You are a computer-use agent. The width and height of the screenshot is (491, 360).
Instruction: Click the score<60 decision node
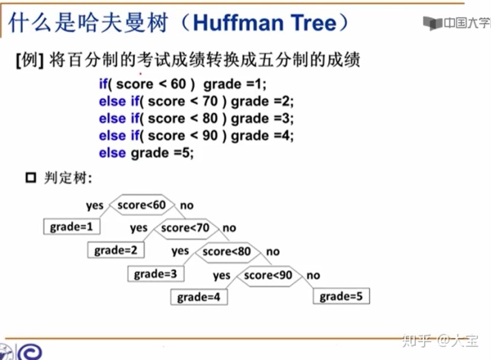[x=141, y=205]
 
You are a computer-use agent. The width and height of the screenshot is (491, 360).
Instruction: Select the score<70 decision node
[x=185, y=228]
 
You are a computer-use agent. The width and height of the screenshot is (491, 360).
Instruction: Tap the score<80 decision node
[x=226, y=252]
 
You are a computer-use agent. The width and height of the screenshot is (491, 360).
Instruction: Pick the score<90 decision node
[x=268, y=275]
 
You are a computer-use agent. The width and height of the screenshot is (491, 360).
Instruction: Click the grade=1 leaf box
[x=72, y=226]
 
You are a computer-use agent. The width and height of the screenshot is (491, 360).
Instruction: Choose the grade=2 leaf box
[x=116, y=250]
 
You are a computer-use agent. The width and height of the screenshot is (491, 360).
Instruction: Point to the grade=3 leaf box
[x=155, y=274]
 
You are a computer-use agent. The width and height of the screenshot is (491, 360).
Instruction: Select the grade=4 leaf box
[x=198, y=297]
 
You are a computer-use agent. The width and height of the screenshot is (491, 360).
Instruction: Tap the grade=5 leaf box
[x=341, y=297]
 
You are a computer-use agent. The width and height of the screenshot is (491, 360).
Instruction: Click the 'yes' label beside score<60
[x=95, y=205]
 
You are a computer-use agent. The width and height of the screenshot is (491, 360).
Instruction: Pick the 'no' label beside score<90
[x=313, y=275]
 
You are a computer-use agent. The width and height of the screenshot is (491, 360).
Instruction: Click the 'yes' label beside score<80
[x=180, y=252]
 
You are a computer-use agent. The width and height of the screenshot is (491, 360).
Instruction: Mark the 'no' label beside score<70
[x=229, y=228]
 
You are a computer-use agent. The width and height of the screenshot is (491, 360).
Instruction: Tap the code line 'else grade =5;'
[x=146, y=153]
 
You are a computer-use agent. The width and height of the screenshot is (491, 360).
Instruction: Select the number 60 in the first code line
[x=179, y=85]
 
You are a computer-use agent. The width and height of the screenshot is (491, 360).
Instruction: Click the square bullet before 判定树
[x=30, y=179]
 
